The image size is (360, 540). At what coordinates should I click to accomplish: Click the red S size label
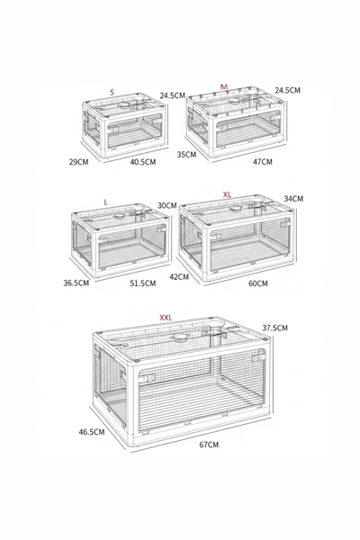pyautogui.click(x=112, y=93)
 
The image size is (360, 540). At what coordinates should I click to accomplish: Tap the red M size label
pyautogui.click(x=224, y=86)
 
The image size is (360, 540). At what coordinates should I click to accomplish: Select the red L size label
pyautogui.click(x=106, y=202)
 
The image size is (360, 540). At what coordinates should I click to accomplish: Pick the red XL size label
pyautogui.click(x=227, y=194)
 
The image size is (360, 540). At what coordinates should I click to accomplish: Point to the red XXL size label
pyautogui.click(x=166, y=318)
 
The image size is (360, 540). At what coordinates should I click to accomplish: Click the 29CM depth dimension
pyautogui.click(x=78, y=161)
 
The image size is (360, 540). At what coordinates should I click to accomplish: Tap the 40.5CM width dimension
pyautogui.click(x=143, y=161)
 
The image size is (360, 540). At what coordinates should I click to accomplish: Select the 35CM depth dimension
pyautogui.click(x=186, y=154)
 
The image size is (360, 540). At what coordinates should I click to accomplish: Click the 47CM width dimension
pyautogui.click(x=263, y=161)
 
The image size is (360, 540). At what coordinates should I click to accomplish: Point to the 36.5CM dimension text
pyautogui.click(x=76, y=283)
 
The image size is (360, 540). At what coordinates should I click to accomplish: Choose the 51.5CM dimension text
pyautogui.click(x=143, y=283)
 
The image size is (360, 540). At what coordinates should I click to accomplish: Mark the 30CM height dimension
pyautogui.click(x=167, y=205)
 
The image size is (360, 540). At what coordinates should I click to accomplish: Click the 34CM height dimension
pyautogui.click(x=293, y=199)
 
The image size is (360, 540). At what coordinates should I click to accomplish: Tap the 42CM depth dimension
pyautogui.click(x=179, y=276)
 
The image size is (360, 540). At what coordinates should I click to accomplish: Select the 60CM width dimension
pyautogui.click(x=258, y=283)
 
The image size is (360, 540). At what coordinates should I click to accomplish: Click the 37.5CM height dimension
pyautogui.click(x=274, y=328)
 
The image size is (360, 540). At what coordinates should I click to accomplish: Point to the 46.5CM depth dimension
pyautogui.click(x=92, y=431)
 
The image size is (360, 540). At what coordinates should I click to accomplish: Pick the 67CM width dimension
pyautogui.click(x=209, y=445)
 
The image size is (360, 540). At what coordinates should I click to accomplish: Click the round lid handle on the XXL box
pyautogui.click(x=180, y=337)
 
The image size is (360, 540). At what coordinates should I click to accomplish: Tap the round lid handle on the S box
pyautogui.click(x=123, y=104)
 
